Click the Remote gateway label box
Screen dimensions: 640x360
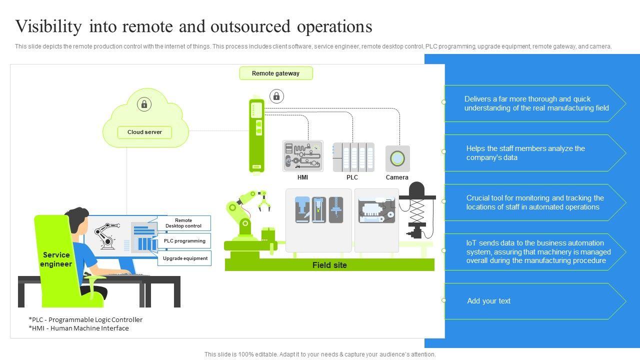coord(276,73)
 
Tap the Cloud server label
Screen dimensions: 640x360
coord(144,132)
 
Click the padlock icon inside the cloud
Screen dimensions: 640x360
coord(144,104)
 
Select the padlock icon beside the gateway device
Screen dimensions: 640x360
coord(276,96)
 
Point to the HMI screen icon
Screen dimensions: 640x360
coord(303,156)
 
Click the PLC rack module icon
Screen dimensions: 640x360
coord(353,157)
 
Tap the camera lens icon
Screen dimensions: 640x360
coord(397,158)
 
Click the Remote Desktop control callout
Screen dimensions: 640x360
coord(183,223)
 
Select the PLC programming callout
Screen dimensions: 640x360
coord(184,241)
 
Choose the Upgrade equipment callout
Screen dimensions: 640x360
coord(185,258)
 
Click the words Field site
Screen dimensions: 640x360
coord(329,265)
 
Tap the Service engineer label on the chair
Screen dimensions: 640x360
coord(56,259)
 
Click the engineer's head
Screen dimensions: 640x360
coord(78,219)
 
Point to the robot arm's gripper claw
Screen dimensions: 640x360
coord(264,201)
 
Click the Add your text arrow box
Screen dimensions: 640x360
coord(535,301)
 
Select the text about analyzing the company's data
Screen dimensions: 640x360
coord(525,153)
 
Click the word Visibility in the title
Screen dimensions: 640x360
coord(48,26)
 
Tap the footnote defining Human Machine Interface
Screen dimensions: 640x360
coord(78,328)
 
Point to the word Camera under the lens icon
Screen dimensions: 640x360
coord(397,177)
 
